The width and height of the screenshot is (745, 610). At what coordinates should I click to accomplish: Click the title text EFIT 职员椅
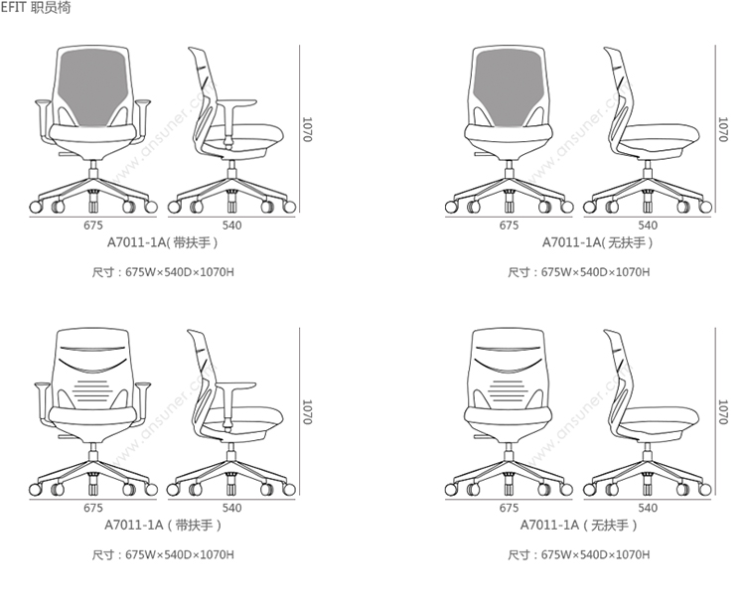point(36,7)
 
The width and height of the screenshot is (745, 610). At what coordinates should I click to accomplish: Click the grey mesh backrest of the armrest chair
point(93,85)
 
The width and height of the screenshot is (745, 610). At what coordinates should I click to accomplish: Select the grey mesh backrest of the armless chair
point(509,85)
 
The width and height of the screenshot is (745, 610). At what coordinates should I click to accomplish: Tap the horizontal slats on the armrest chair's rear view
point(93,390)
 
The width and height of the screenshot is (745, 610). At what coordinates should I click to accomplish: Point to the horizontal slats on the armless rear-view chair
point(509,390)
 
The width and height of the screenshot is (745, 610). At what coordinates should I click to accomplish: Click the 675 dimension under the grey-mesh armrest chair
point(93,226)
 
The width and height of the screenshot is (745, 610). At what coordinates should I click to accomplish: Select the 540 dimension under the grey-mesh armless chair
point(648,226)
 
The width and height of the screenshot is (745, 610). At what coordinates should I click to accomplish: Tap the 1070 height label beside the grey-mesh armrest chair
point(307,129)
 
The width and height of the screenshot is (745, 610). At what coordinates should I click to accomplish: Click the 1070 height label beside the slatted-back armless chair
point(723,412)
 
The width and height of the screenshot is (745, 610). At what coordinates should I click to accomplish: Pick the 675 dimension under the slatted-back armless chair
point(509,508)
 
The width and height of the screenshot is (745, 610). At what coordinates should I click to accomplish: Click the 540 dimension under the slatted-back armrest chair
point(231,508)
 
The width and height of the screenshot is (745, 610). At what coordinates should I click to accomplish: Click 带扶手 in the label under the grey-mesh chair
point(192,242)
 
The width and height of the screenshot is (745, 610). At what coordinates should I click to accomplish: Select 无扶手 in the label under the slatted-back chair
point(610,525)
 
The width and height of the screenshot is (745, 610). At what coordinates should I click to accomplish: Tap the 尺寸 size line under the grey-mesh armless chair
point(579,272)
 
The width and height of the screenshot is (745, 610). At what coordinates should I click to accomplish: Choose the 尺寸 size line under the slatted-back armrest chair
point(163,555)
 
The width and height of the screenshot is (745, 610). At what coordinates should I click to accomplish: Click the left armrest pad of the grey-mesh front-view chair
point(43,102)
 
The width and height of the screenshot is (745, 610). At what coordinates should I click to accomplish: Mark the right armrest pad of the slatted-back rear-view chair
point(142,384)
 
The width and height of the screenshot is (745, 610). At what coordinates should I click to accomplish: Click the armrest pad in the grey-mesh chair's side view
point(236,102)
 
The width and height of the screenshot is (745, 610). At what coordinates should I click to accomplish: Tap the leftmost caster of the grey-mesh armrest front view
point(36,207)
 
